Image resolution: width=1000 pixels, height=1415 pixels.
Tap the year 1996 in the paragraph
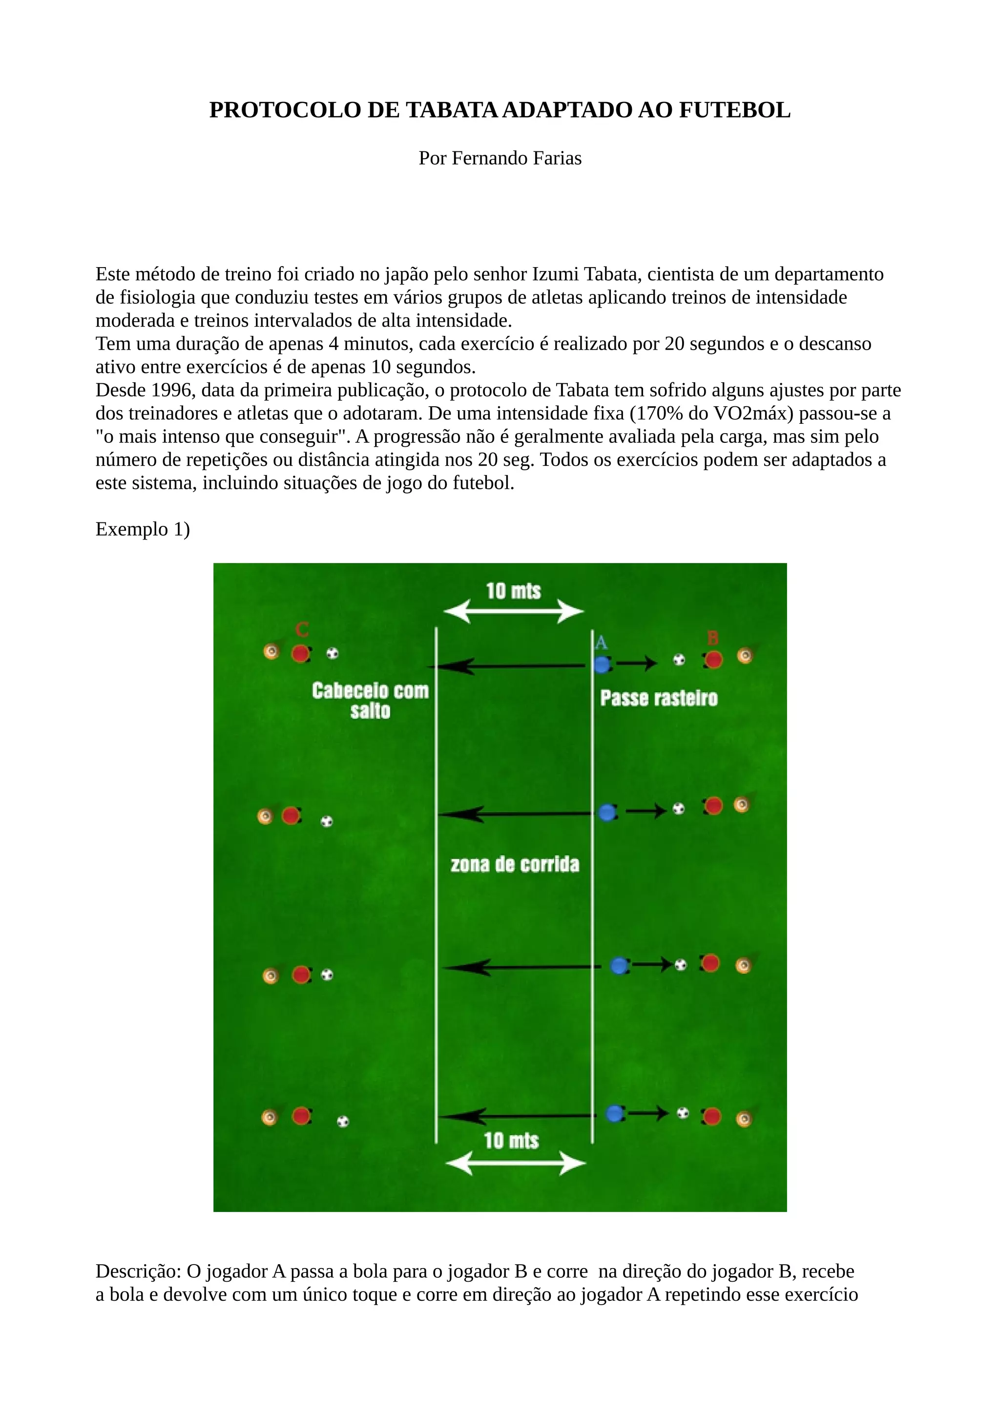point(171,390)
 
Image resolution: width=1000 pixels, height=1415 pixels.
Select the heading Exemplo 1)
point(142,529)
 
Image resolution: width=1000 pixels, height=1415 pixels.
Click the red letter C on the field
point(301,630)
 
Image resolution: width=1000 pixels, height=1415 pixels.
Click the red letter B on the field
point(713,637)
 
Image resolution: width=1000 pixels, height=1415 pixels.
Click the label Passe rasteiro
point(659,698)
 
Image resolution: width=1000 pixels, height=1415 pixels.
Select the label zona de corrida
point(515,865)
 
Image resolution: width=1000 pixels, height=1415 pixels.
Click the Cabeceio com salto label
point(370,700)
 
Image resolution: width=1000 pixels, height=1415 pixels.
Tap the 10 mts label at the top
point(513,591)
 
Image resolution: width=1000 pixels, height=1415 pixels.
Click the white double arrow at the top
point(513,612)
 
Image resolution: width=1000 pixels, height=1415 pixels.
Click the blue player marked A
point(602,665)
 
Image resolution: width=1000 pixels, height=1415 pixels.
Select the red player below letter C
point(300,653)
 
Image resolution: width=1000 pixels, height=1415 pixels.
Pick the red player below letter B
point(713,660)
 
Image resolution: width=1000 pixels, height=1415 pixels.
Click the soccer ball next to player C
point(332,653)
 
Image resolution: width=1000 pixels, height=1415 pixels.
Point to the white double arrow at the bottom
point(515,1164)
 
